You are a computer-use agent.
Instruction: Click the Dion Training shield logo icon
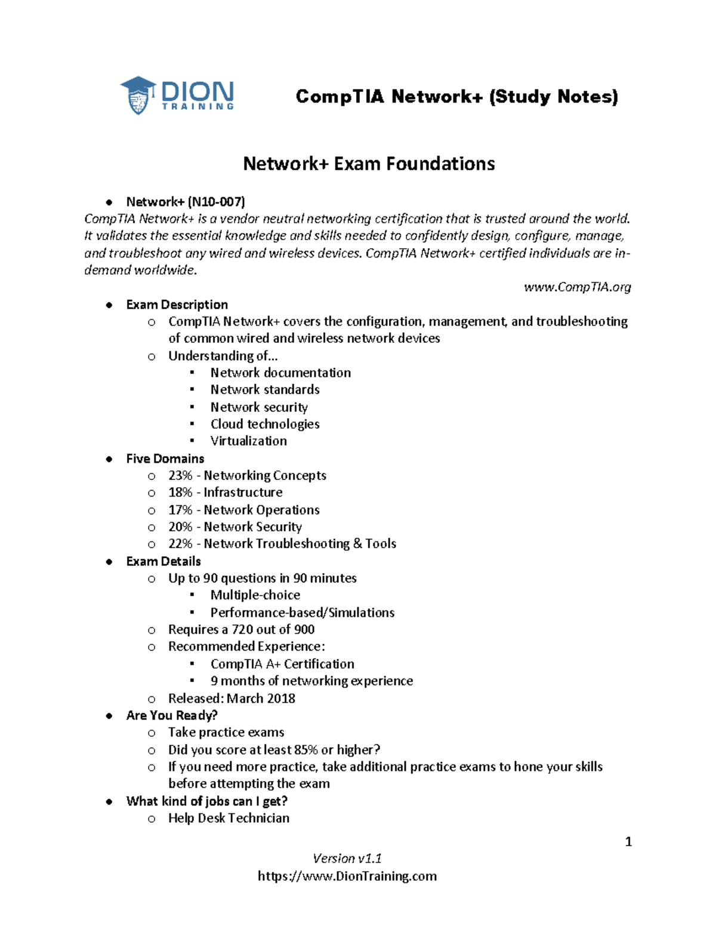tap(138, 95)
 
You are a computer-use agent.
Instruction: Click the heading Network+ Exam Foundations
tap(369, 163)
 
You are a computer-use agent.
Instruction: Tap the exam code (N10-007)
tap(216, 202)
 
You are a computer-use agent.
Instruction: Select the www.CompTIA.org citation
tap(577, 287)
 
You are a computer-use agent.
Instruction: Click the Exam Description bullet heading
tap(177, 305)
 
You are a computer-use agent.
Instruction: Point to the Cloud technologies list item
tap(265, 424)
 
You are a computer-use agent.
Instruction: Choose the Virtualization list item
tap(248, 441)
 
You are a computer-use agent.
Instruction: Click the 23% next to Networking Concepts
tap(180, 476)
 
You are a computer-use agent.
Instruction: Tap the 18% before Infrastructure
tap(180, 493)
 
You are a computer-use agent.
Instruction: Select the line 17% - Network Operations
tap(243, 510)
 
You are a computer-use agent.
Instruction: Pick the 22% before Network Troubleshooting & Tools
tap(180, 544)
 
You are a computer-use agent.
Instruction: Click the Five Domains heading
tap(165, 459)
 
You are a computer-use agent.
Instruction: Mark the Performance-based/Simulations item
tap(302, 612)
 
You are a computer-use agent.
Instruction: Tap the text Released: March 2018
tap(232, 698)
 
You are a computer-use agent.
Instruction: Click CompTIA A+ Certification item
tap(282, 664)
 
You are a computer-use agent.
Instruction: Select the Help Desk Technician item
tap(229, 818)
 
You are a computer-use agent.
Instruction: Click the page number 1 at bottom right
tap(628, 842)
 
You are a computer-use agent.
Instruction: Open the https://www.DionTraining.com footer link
tap(347, 877)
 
